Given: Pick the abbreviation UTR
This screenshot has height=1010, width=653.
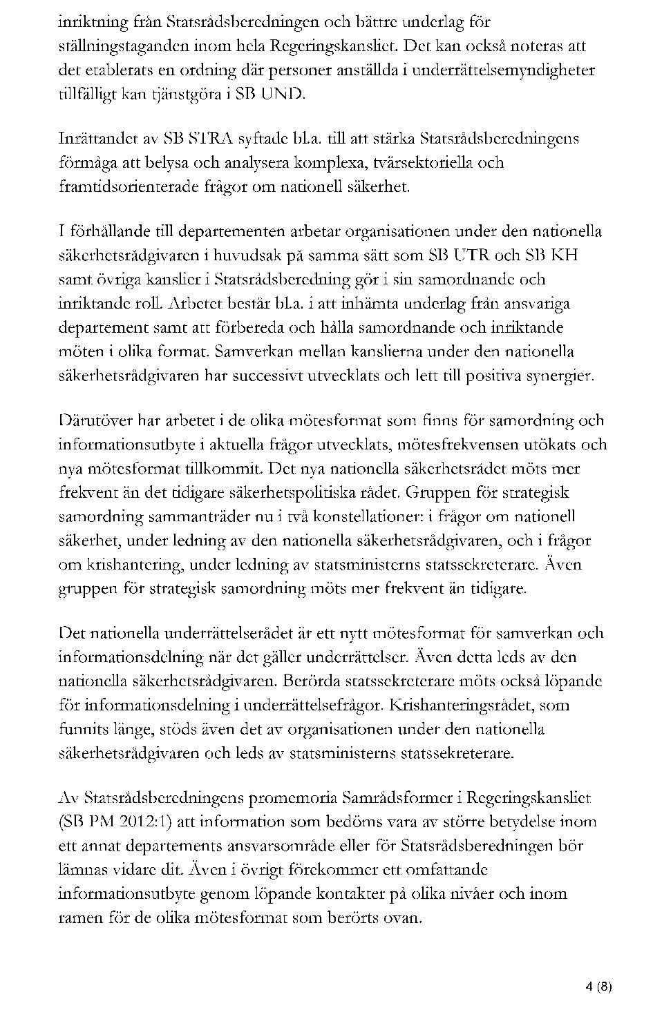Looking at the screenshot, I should click(x=471, y=255).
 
